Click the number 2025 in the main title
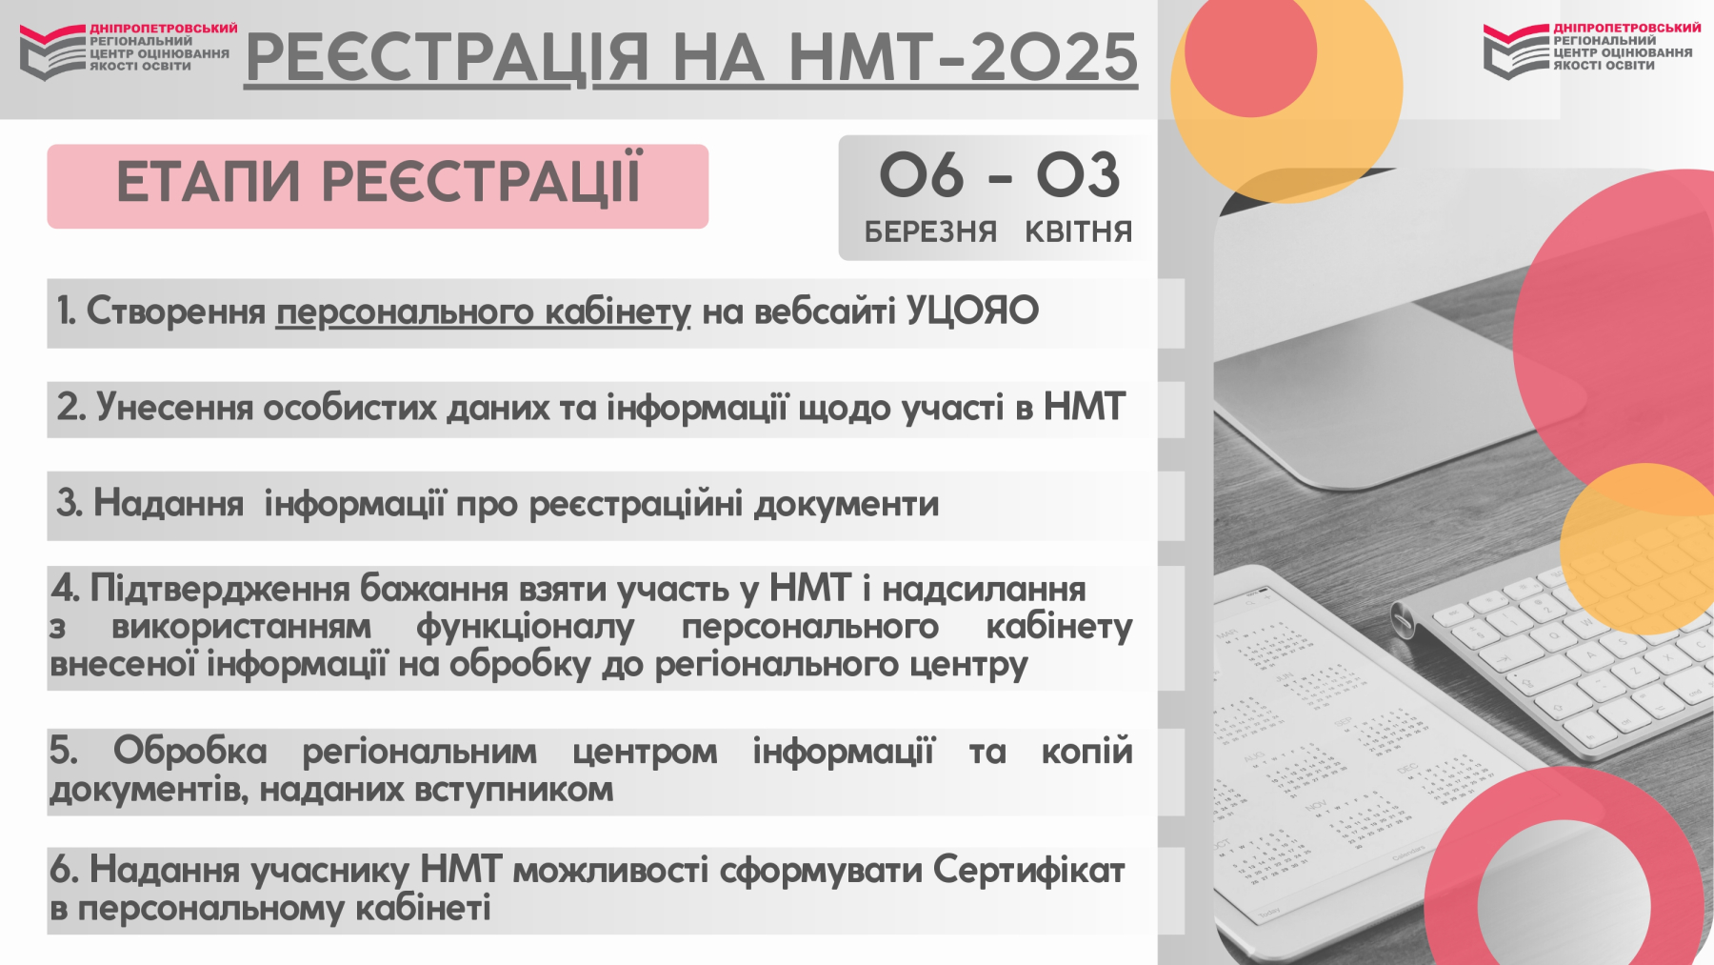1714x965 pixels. [1053, 56]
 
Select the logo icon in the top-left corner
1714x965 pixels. [52, 52]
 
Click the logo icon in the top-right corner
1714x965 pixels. [1517, 51]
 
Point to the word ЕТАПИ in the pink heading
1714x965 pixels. [209, 182]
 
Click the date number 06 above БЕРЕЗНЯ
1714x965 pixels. [921, 175]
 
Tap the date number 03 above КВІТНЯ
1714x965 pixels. [1078, 175]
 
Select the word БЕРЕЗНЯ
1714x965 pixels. [930, 231]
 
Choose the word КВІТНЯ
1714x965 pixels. [1078, 231]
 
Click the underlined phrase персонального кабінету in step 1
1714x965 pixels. [484, 312]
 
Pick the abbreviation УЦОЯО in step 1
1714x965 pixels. [972, 311]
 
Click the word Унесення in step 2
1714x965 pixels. [174, 408]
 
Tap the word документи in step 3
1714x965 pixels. [847, 504]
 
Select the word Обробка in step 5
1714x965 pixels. [190, 751]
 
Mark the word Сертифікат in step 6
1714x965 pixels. [1029, 870]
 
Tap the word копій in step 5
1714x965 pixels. [1086, 751]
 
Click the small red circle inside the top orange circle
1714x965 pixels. [1250, 53]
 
